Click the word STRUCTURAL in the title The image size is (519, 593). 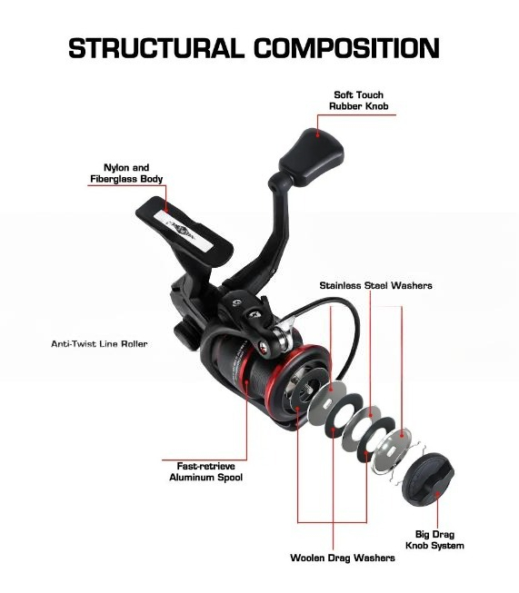pos(156,48)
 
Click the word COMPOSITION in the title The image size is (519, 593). pos(346,48)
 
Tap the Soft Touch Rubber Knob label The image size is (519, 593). pos(358,101)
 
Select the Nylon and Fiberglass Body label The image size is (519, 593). pos(126,173)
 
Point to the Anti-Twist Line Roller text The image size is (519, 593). pos(99,344)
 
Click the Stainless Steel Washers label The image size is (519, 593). pos(375,285)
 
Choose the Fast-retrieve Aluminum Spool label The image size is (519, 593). pos(206,471)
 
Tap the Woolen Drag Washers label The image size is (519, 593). pos(343,558)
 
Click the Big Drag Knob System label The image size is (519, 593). pos(434,539)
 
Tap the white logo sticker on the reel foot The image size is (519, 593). pos(184,231)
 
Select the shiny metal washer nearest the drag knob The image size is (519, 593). pos(392,450)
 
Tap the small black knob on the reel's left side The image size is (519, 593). pos(185,334)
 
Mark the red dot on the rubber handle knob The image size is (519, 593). pos(318,134)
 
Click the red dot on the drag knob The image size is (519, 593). pos(436,494)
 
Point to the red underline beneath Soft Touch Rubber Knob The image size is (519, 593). pos(356,114)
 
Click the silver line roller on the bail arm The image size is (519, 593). pos(281,338)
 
